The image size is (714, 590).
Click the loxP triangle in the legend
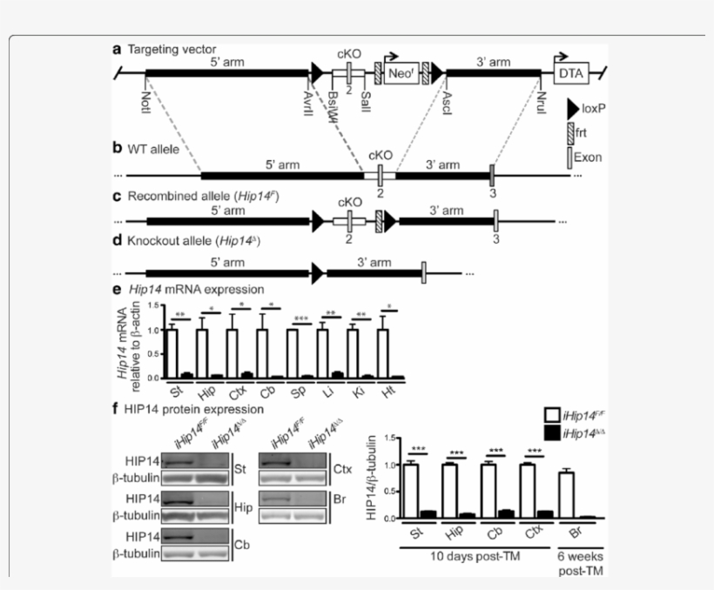pos(574,111)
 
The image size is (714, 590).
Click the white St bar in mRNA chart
pos(172,353)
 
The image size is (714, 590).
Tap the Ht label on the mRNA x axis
pos(388,388)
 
